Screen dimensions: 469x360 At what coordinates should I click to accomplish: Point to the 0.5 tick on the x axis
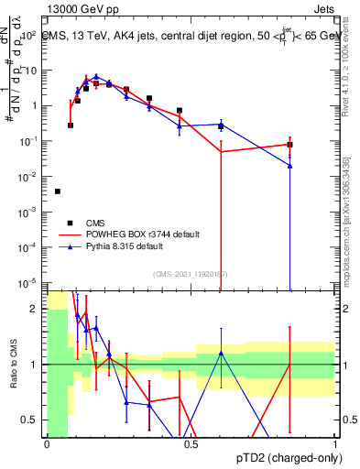pos(191,443)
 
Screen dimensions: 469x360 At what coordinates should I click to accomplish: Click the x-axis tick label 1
pos(335,443)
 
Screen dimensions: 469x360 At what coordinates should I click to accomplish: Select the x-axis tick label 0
pos(47,443)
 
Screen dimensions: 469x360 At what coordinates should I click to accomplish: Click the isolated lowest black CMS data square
pos(58,191)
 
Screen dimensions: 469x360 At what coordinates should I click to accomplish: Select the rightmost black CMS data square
pos(289,145)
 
